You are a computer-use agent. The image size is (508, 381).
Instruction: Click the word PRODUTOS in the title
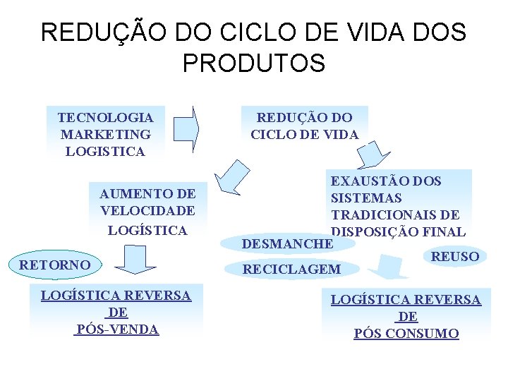(253, 63)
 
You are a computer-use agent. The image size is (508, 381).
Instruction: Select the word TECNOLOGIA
(105, 117)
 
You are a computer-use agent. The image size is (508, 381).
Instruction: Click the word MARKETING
(105, 134)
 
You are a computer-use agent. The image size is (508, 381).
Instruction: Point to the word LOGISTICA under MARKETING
(105, 151)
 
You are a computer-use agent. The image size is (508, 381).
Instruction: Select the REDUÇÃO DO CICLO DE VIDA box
(304, 126)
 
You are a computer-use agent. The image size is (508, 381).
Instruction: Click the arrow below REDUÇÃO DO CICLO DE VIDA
(373, 154)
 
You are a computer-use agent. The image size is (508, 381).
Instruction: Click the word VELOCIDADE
(147, 210)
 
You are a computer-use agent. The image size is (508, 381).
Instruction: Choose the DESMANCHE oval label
(286, 243)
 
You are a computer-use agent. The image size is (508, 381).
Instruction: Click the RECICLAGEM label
(291, 269)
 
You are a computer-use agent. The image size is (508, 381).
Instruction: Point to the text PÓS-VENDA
(116, 329)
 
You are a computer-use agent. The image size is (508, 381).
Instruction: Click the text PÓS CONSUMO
(406, 334)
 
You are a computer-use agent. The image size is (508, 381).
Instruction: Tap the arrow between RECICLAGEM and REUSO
(391, 267)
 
